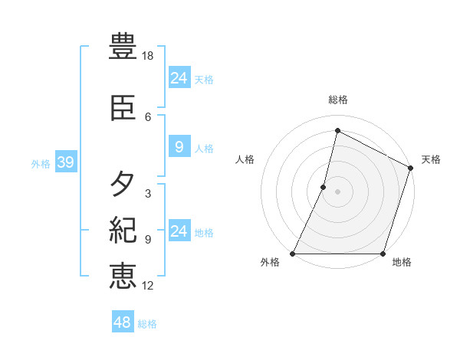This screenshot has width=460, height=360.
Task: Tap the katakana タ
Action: pos(123,185)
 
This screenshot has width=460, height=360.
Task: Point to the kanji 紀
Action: pos(123,230)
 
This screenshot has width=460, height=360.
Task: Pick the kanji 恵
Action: pos(123,276)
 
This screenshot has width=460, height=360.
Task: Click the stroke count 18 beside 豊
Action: pos(149,56)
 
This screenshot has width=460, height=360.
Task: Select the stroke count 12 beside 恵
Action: pos(149,286)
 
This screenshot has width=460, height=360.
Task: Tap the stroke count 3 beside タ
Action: pos(148,194)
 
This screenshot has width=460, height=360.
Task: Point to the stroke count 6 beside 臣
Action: pos(148,117)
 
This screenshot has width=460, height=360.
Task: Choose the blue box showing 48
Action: pos(123,322)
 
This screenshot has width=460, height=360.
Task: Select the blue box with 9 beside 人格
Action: pos(179,147)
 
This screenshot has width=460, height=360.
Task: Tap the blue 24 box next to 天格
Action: pos(179,78)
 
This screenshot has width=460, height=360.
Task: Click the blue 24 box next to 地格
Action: pos(179,231)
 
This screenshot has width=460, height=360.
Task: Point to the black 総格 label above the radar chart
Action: pos(338,100)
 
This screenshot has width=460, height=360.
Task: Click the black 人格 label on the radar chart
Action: pos(245,159)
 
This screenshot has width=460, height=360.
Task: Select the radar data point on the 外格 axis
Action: pos(293,254)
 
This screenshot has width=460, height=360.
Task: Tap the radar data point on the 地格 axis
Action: pos(383,254)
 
